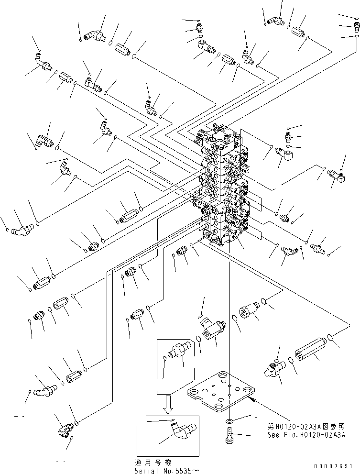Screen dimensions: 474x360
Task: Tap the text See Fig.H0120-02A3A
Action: click(306, 434)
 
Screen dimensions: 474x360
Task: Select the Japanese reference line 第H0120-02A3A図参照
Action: click(306, 426)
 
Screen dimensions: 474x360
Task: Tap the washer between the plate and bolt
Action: click(229, 421)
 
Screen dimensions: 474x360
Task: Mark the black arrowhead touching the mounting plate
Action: click(253, 398)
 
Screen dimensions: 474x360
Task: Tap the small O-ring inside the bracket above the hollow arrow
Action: click(165, 357)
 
